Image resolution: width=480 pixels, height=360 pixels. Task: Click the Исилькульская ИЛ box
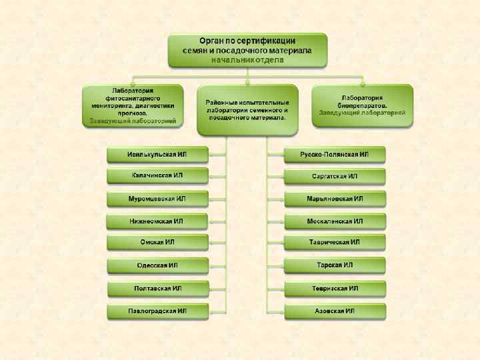[x=157, y=155]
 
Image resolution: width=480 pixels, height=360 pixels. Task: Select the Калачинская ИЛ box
[x=157, y=177]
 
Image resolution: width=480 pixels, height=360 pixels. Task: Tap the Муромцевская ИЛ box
[x=157, y=199]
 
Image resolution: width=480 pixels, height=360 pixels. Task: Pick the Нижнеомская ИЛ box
[x=157, y=221]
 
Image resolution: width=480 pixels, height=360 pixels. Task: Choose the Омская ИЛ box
[x=157, y=243]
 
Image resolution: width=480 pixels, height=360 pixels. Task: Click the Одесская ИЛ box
[x=157, y=266]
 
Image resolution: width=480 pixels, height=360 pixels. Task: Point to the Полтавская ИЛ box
[x=157, y=289]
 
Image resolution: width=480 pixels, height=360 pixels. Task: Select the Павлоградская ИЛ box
[x=157, y=311]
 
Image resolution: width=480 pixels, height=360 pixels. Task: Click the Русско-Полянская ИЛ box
[x=335, y=155]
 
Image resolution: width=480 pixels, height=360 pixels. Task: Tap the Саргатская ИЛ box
[x=335, y=177]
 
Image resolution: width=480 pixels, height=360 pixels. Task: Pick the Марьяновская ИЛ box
[x=335, y=199]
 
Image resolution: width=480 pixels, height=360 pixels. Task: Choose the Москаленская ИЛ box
[x=335, y=221]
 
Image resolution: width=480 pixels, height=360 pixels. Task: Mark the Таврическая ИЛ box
[x=335, y=243]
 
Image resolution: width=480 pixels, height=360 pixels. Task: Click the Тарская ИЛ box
[x=335, y=266]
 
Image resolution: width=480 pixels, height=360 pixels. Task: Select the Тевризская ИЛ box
[x=335, y=289]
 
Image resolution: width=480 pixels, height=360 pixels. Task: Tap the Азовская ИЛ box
[x=335, y=311]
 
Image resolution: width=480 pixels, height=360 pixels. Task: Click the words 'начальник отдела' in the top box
[x=247, y=60]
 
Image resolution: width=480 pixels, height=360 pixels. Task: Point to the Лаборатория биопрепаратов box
[x=362, y=105]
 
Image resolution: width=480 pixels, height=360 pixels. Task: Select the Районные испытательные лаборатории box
[x=247, y=109]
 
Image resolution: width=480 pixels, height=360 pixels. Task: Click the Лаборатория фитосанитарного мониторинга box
[x=133, y=105]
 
